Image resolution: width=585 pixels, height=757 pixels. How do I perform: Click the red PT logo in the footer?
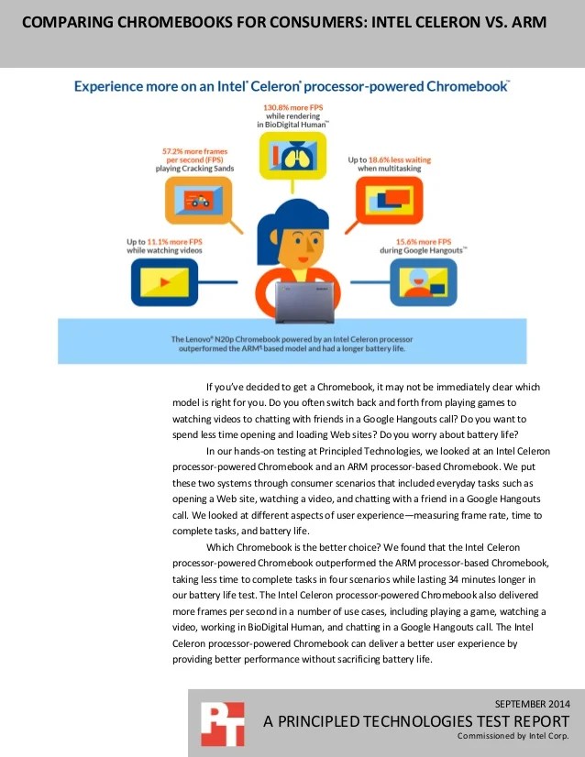[221, 723]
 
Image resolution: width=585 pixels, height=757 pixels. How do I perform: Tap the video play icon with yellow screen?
[161, 280]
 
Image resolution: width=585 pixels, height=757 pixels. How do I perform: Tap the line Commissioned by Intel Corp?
[513, 736]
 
